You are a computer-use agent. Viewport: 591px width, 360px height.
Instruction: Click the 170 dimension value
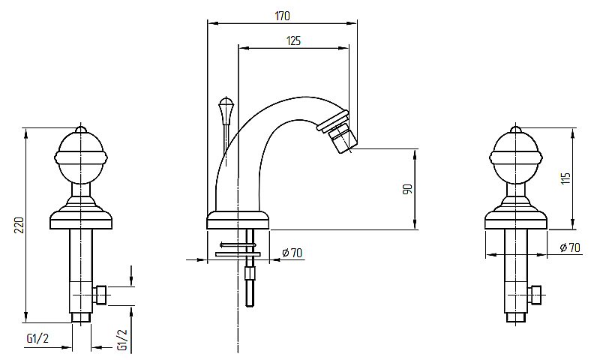pyautogui.click(x=282, y=16)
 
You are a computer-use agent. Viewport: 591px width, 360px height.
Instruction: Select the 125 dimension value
pyautogui.click(x=293, y=40)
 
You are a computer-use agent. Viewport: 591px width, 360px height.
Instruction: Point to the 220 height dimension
pyautogui.click(x=19, y=225)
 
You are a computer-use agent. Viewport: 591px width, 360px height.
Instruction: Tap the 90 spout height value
pyautogui.click(x=408, y=189)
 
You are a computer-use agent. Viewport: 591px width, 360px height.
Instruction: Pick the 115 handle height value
pyautogui.click(x=565, y=178)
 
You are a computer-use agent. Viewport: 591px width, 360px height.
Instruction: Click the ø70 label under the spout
pyautogui.click(x=292, y=253)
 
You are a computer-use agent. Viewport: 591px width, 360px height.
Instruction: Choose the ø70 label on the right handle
pyautogui.click(x=570, y=247)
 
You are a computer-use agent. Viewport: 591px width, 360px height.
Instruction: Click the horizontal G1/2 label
pyautogui.click(x=37, y=338)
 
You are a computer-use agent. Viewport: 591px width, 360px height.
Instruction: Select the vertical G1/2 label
pyautogui.click(x=122, y=340)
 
